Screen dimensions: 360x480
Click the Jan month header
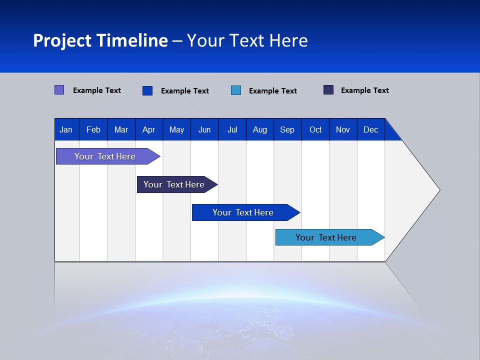66,130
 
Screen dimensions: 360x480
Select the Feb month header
93,130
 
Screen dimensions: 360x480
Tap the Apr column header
148,130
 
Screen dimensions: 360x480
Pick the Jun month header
204,130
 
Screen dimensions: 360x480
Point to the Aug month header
259,130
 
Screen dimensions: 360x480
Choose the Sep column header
287,130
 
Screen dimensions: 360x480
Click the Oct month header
315,130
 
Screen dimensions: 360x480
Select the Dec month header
370,130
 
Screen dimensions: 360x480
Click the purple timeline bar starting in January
105,156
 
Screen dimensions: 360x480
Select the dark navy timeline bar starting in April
174,184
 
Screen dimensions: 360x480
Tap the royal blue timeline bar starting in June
243,212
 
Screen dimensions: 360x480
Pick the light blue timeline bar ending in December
326,237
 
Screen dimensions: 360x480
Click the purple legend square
59,90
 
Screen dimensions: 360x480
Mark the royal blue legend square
147,90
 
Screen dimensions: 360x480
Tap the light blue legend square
236,90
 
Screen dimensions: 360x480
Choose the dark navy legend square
328,90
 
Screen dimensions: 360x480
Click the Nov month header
343,130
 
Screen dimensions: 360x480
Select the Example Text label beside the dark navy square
364,90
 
